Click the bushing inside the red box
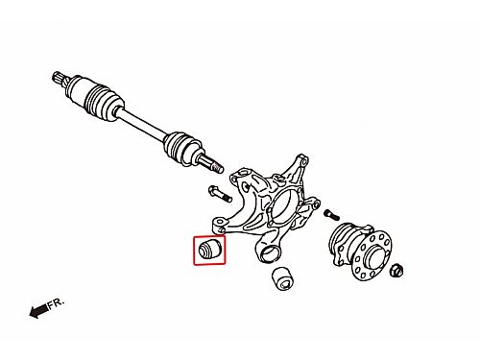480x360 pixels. click(x=209, y=250)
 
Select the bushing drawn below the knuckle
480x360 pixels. click(x=283, y=278)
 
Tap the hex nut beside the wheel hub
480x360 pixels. click(x=396, y=271)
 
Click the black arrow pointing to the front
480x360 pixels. click(x=38, y=311)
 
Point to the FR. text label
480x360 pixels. click(x=57, y=303)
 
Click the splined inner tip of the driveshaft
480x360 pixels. click(x=58, y=78)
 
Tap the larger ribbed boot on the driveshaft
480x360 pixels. click(x=104, y=102)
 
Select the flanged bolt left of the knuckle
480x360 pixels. click(x=220, y=194)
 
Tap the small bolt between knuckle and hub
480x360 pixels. click(x=331, y=214)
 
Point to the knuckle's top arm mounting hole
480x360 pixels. click(x=302, y=160)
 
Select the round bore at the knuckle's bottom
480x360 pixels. click(x=269, y=253)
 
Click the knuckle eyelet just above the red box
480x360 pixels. click(x=219, y=224)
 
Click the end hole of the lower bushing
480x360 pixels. click(x=285, y=283)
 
